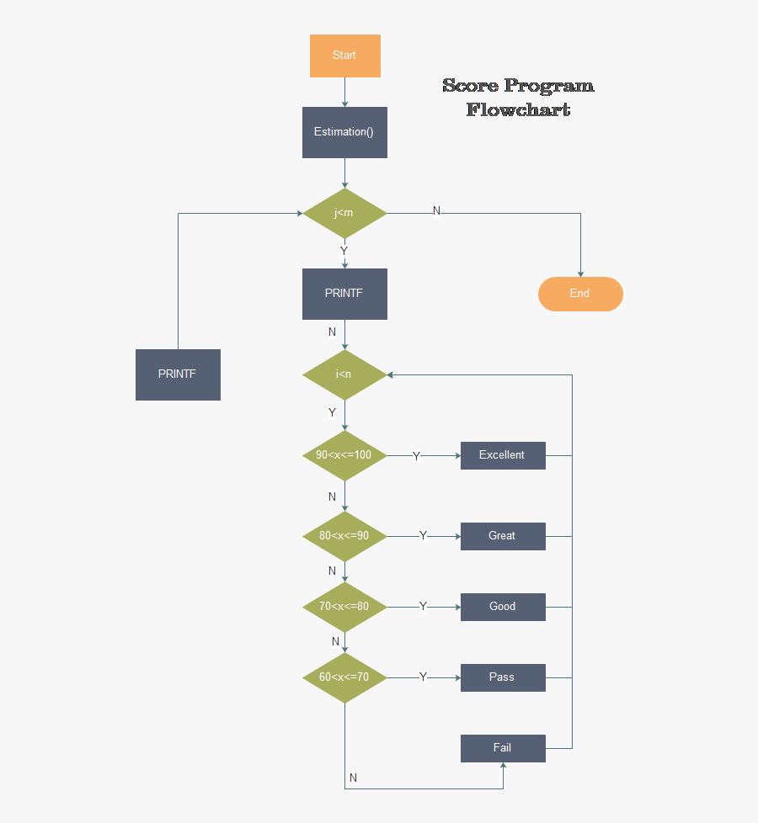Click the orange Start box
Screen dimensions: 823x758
click(344, 56)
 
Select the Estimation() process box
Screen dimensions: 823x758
click(344, 132)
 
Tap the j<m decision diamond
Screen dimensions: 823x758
click(344, 213)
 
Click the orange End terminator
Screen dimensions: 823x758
click(580, 294)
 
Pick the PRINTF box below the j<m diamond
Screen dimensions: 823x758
click(344, 294)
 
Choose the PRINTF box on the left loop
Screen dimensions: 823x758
click(178, 374)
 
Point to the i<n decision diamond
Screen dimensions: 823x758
click(344, 374)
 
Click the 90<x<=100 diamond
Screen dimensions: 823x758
click(344, 455)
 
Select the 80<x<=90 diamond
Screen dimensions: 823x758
click(344, 536)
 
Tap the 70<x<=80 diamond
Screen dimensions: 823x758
click(344, 607)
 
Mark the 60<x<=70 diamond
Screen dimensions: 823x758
click(344, 677)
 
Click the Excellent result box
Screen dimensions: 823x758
click(503, 455)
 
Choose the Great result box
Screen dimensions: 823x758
click(503, 536)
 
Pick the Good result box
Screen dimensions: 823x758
click(503, 607)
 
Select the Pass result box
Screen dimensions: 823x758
click(503, 677)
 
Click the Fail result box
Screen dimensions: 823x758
click(503, 748)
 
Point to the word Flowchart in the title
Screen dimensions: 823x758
click(518, 109)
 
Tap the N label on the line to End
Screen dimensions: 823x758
click(436, 210)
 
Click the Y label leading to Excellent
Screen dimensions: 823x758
click(416, 456)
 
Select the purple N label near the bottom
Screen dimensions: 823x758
click(353, 778)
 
